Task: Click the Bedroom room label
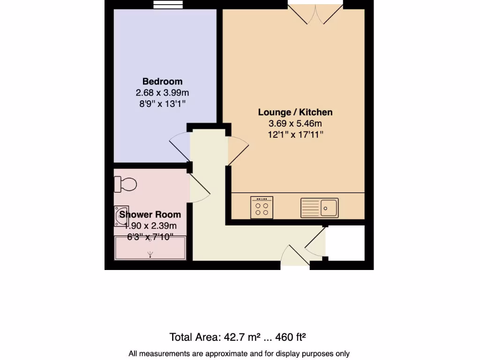pyautogui.click(x=162, y=82)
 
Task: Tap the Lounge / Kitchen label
pyautogui.click(x=295, y=112)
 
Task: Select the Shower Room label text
pyautogui.click(x=150, y=215)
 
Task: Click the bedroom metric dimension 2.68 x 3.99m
pyautogui.click(x=162, y=93)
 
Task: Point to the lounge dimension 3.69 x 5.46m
pyautogui.click(x=295, y=124)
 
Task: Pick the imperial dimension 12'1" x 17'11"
pyautogui.click(x=295, y=135)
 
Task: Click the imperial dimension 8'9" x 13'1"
pyautogui.click(x=162, y=104)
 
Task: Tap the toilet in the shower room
pyautogui.click(x=125, y=184)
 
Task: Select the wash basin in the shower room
pyautogui.click(x=120, y=216)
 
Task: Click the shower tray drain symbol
pyautogui.click(x=150, y=255)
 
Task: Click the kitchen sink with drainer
pyautogui.click(x=320, y=208)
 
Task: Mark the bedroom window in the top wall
pyautogui.click(x=168, y=4)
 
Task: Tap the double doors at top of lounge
pyautogui.click(x=315, y=13)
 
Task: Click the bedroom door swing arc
pyautogui.click(x=180, y=146)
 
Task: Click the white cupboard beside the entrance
pyautogui.click(x=345, y=242)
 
